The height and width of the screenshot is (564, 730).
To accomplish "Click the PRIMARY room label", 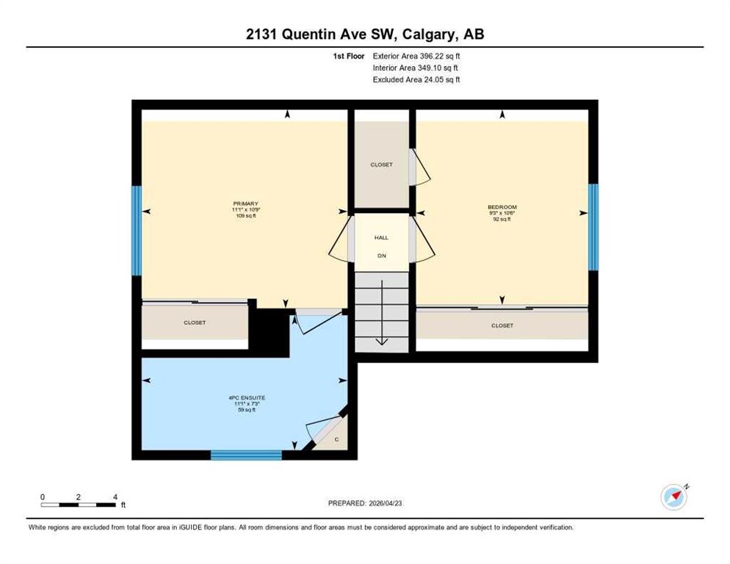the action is coord(246,203).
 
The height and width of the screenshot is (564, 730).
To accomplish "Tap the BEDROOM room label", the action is coord(502,207).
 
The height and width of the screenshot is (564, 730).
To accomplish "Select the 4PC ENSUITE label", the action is coord(247,398).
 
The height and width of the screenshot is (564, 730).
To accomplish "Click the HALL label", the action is coord(381,237).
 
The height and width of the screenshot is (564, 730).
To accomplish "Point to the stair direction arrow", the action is coord(382,313).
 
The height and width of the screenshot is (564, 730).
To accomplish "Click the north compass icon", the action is coord(674,497).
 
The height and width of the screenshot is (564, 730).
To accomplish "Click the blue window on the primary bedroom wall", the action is coord(136,231).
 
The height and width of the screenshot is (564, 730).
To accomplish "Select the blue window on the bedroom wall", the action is coord(593,227).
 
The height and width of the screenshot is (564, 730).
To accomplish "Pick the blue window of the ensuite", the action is coord(246,455).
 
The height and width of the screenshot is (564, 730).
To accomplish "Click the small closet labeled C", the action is coord(336,439).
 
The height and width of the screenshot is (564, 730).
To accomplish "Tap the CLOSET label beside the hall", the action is coord(381,164).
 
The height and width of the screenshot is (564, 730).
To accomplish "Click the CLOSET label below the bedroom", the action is coord(502,325).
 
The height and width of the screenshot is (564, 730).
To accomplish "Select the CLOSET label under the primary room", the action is coord(195,322).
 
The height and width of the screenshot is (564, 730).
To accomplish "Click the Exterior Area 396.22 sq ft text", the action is coord(416,56).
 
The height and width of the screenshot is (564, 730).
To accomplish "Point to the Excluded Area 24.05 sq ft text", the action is coord(416,79).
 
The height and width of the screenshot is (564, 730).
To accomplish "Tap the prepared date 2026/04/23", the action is coord(386,503).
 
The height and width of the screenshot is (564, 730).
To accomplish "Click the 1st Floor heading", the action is coord(349,56).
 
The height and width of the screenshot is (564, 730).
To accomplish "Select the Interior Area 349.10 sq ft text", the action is coord(415,68).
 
